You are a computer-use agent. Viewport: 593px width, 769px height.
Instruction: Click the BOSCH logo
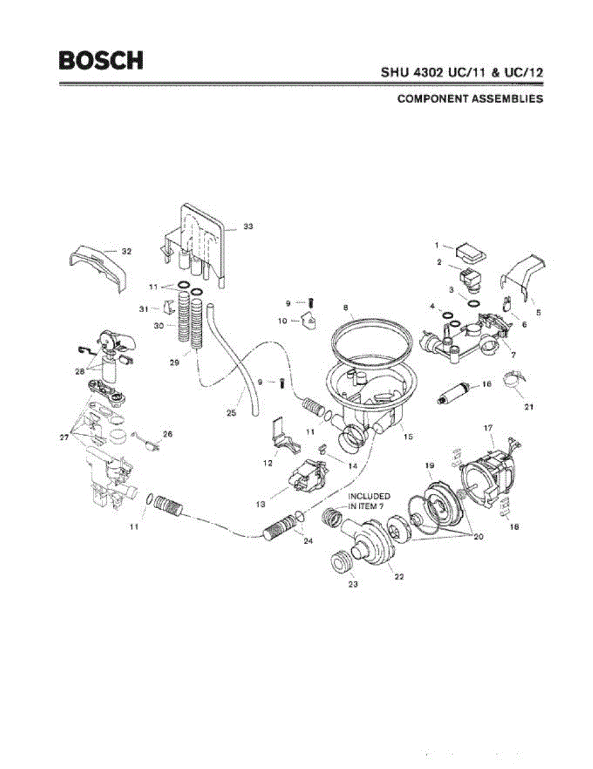point(101,60)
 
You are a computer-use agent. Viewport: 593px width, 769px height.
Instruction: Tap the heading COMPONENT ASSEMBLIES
point(470,99)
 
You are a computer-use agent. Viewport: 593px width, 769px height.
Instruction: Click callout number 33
point(248,227)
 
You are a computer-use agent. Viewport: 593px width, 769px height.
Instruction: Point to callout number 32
point(126,252)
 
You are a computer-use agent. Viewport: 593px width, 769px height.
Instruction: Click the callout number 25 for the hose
point(231,413)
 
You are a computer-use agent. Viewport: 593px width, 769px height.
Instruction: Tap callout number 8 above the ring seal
point(345,308)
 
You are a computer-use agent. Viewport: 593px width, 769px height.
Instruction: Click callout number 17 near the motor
point(488,426)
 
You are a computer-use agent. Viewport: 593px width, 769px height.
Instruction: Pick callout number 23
point(352,584)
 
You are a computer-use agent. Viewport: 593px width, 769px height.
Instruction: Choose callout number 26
point(168,434)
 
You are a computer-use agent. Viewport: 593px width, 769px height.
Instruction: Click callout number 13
point(260,504)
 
